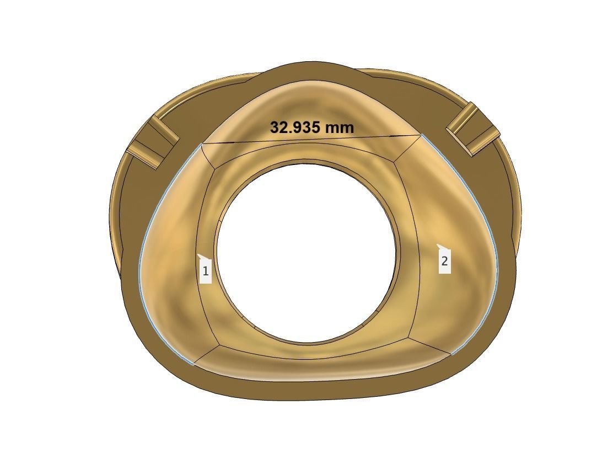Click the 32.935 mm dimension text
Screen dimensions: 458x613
[311, 127]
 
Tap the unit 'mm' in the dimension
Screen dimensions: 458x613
[340, 127]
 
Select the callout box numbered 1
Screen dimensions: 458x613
[206, 271]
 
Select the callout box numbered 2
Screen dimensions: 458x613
[444, 261]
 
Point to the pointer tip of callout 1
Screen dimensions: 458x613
[198, 254]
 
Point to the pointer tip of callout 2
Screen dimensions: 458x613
[437, 244]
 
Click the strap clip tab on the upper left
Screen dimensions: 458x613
[153, 143]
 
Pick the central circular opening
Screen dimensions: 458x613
[306, 252]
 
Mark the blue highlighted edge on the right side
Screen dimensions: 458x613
[494, 248]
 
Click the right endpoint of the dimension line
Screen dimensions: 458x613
[422, 135]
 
